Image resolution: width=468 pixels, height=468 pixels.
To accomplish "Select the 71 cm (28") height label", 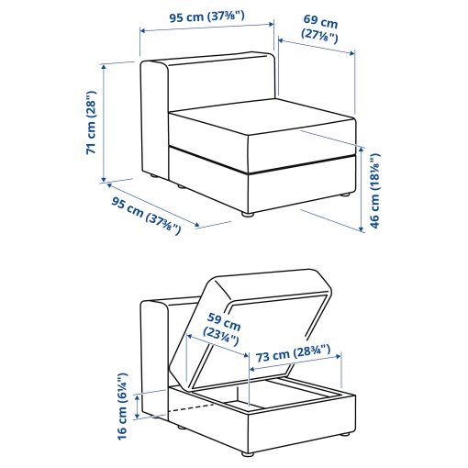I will (91, 122).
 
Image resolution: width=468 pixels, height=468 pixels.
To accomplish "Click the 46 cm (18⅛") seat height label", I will (374, 192).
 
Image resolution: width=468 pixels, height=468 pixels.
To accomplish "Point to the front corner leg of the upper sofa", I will (246, 214).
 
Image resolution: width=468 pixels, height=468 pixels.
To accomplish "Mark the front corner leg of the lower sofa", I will (246, 452).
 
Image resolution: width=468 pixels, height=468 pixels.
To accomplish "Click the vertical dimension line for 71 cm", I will (106, 122).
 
